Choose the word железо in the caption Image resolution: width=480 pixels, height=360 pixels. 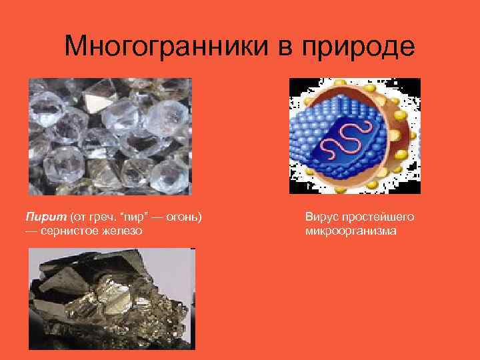124,231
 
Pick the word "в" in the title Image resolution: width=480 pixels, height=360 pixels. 264,47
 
